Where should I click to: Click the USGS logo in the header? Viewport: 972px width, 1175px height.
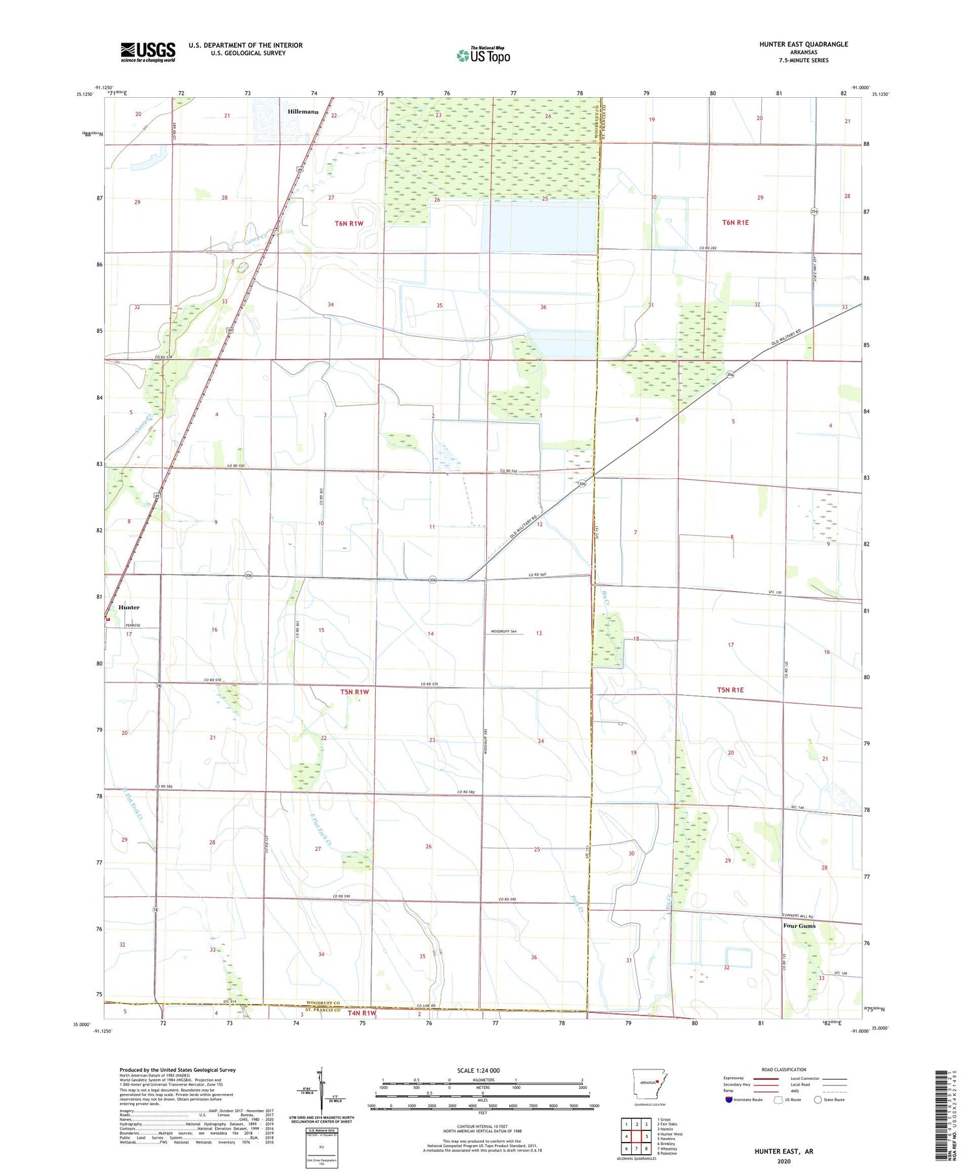click(148, 52)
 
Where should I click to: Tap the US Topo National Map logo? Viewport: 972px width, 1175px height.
click(483, 55)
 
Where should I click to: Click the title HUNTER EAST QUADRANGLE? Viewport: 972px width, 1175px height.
click(804, 44)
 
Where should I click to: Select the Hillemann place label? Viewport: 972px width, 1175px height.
click(303, 112)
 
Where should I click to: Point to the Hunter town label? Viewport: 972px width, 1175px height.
click(129, 607)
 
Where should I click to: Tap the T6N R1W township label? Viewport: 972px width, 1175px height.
click(349, 224)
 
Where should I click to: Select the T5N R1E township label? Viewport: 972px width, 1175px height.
click(730, 690)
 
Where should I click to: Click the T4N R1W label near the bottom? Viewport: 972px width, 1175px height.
click(362, 1012)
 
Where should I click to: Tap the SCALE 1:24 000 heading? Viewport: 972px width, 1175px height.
click(478, 1071)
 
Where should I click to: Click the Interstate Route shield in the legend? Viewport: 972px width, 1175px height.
click(729, 1100)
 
